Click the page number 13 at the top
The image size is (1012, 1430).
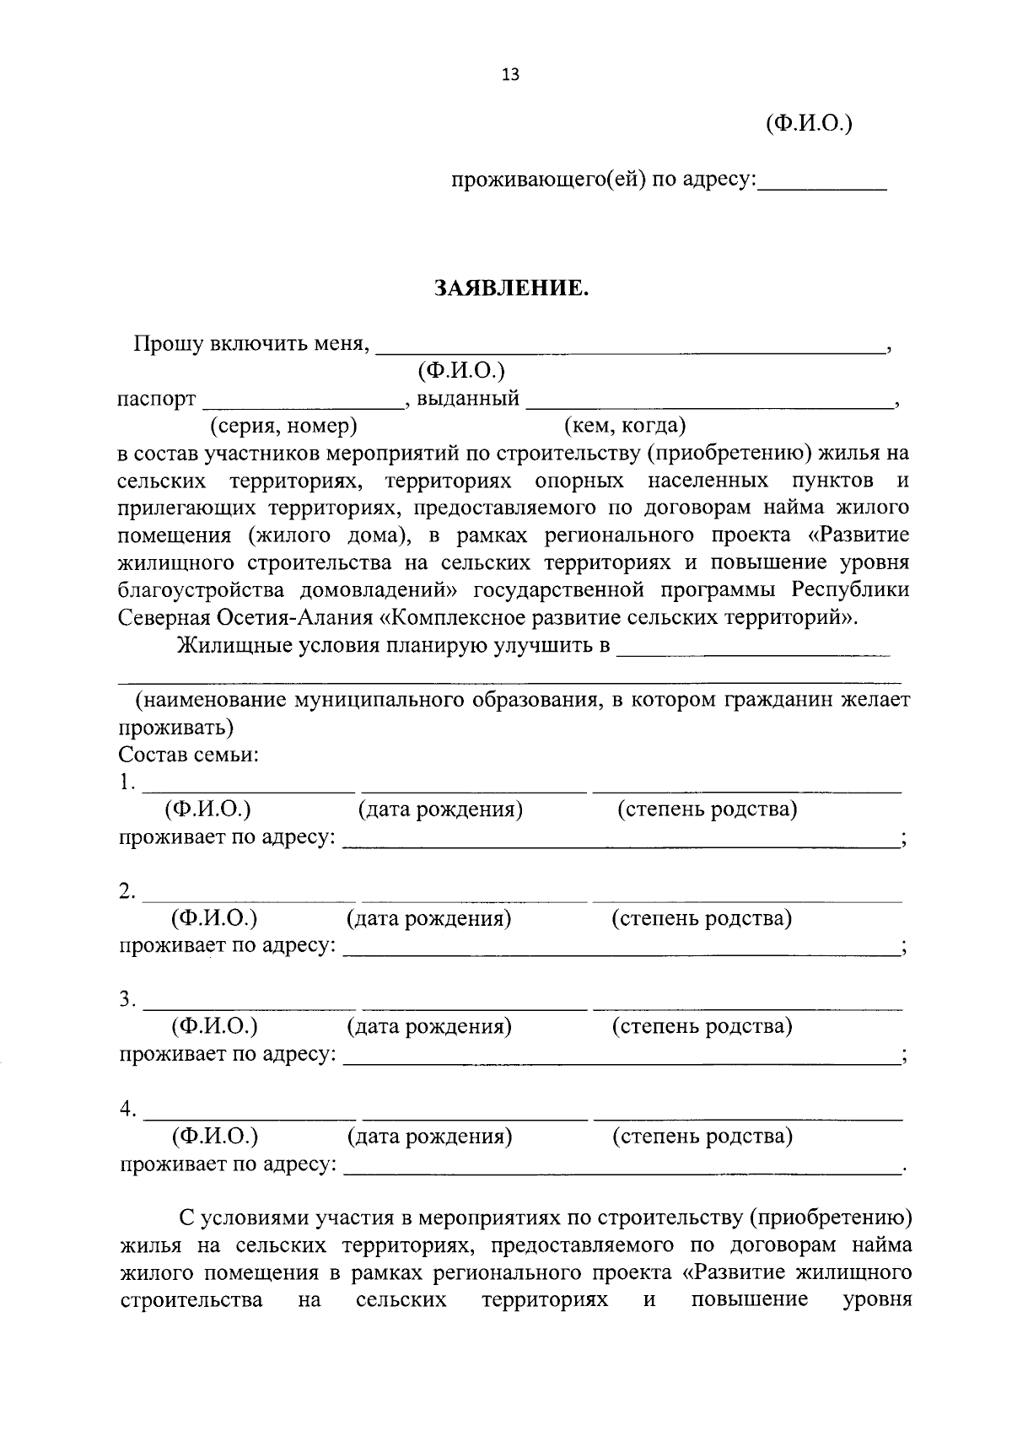pyautogui.click(x=510, y=75)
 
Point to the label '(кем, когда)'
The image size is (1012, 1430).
pyautogui.click(x=625, y=426)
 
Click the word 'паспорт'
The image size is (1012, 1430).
pyautogui.click(x=157, y=399)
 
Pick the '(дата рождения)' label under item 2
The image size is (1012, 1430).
pyautogui.click(x=429, y=917)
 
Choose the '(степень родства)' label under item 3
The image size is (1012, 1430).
pyautogui.click(x=702, y=1026)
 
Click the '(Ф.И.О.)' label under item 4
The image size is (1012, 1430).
pyautogui.click(x=214, y=1136)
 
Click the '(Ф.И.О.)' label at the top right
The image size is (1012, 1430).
pyautogui.click(x=809, y=124)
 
